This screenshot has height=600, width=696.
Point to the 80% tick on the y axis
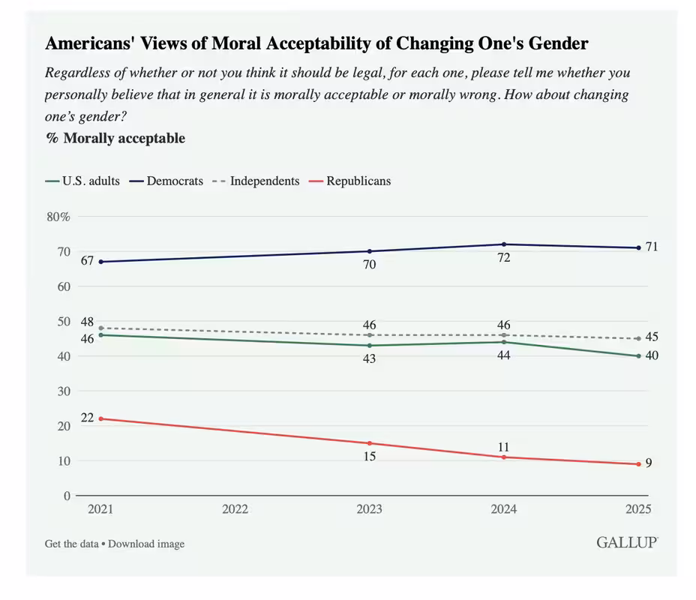pyautogui.click(x=58, y=217)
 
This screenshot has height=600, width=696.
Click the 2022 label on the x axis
pyautogui.click(x=235, y=508)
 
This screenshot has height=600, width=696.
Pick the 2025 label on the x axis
pyautogui.click(x=638, y=508)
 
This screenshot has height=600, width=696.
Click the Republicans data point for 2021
pyautogui.click(x=100, y=418)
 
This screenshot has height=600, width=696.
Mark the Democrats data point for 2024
pyautogui.click(x=504, y=244)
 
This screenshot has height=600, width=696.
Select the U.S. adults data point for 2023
pyautogui.click(x=369, y=346)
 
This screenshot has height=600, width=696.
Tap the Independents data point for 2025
pyautogui.click(x=638, y=338)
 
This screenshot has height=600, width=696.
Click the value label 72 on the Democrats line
pyautogui.click(x=504, y=259)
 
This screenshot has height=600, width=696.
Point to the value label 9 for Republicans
pyautogui.click(x=649, y=463)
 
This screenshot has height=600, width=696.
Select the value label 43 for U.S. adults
pyautogui.click(x=369, y=359)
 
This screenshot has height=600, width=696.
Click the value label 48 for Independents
pyautogui.click(x=87, y=322)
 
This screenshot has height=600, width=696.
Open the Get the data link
pyautogui.click(x=71, y=544)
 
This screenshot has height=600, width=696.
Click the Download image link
pyautogui.click(x=146, y=544)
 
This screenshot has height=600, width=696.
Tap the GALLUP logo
pyautogui.click(x=627, y=542)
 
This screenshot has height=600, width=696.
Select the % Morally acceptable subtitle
pyautogui.click(x=115, y=138)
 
